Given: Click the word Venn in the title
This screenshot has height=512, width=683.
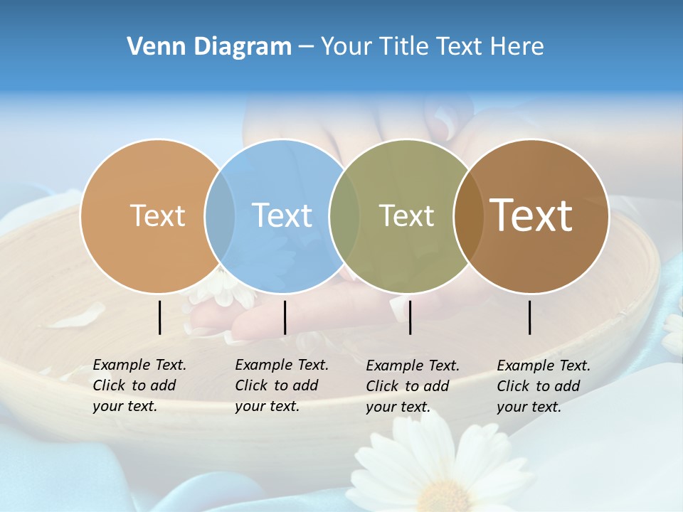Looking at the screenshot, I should (x=150, y=47).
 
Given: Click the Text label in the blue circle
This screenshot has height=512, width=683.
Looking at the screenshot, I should (x=282, y=215).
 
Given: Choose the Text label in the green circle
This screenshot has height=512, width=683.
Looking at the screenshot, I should (x=406, y=215).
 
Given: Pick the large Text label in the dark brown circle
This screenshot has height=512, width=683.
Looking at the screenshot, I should (x=531, y=215).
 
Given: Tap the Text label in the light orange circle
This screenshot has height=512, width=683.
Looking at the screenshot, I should (x=157, y=215).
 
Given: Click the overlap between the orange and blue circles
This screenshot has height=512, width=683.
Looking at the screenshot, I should (x=220, y=215).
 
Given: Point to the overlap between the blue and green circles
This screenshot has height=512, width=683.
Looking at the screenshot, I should (x=344, y=215).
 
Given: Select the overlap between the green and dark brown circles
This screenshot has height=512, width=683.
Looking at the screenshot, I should (x=469, y=215).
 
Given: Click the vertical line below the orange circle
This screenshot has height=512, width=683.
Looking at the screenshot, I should (x=160, y=317).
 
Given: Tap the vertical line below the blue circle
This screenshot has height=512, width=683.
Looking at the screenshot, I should (x=285, y=317).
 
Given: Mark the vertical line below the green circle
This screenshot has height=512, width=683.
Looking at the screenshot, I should (x=410, y=317).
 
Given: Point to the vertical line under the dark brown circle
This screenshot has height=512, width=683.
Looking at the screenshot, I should (x=530, y=317).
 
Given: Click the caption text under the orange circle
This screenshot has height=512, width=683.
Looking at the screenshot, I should (x=139, y=385).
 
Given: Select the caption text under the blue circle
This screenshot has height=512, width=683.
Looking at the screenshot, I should (x=282, y=385).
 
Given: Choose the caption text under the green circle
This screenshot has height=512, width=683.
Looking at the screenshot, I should (x=413, y=386).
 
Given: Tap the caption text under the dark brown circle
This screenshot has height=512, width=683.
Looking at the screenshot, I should (x=544, y=386).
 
